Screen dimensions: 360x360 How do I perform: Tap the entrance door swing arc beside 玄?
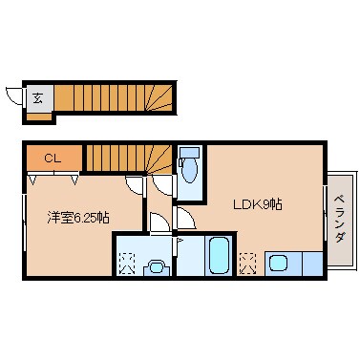click(x=13, y=96)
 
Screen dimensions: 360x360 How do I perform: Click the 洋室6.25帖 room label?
click(x=78, y=217)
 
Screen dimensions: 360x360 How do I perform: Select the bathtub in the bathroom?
click(x=218, y=255)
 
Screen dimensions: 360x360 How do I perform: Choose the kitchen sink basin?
click(x=280, y=262)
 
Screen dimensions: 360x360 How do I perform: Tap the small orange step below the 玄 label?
click(x=38, y=116)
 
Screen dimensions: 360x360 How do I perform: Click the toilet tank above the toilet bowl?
click(x=188, y=152)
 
